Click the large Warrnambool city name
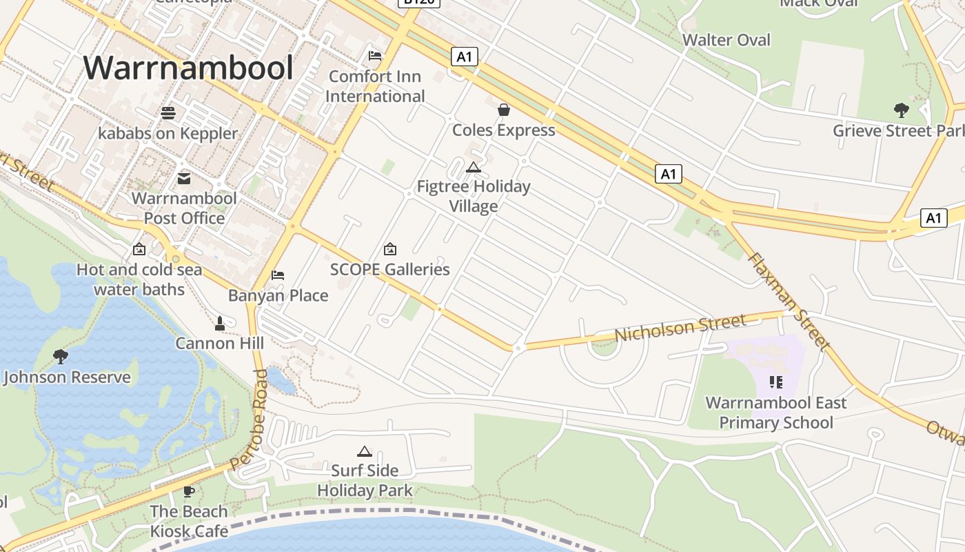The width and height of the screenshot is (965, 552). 188,68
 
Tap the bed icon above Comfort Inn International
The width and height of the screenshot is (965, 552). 375,55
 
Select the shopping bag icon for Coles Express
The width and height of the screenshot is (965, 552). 504,109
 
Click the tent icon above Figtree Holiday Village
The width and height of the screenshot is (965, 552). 473,166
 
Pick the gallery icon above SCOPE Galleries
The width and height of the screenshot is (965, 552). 390,248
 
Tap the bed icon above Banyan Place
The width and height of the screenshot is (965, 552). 278,275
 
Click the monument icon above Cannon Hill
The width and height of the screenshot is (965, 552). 220,322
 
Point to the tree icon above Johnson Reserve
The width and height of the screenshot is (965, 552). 61,356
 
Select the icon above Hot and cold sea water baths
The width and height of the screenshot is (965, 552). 139,248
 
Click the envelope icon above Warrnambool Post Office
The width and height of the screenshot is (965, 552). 184,178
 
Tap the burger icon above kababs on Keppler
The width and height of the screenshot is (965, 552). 168,112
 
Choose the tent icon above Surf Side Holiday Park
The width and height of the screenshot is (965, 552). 365,451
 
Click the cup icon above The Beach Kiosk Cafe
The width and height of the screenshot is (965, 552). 189,491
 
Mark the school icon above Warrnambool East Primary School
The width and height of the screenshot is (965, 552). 776,382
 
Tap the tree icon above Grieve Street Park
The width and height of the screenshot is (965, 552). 900,110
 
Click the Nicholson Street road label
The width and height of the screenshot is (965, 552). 680,327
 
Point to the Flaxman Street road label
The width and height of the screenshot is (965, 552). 786,301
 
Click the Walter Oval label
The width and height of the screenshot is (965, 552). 727,40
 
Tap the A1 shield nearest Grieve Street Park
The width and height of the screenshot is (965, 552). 933,218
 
